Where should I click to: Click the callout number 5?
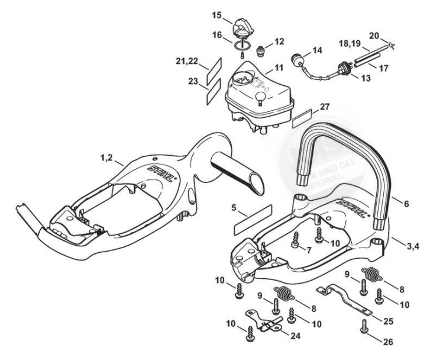click(x=234, y=208)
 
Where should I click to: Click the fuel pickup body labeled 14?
click(x=298, y=59)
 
